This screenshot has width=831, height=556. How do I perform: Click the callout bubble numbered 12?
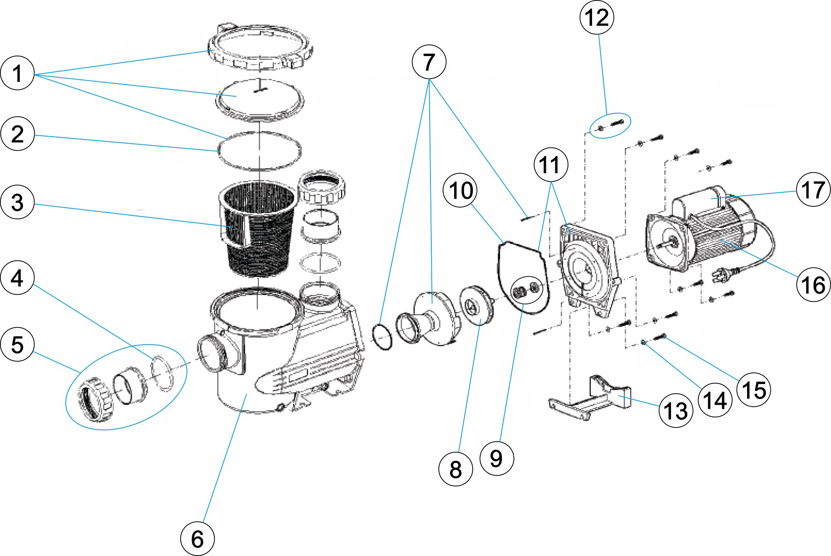(x=597, y=18)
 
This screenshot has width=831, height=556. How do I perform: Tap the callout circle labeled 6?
(x=197, y=539)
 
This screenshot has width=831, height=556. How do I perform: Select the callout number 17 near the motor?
(x=813, y=190)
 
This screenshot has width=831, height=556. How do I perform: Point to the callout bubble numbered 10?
(x=460, y=191)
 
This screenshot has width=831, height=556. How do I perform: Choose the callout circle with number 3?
(x=17, y=202)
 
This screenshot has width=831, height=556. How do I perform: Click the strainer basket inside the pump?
(x=258, y=228)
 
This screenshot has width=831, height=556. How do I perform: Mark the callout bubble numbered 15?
(x=754, y=390)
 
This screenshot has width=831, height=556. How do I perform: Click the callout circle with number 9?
(x=497, y=458)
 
